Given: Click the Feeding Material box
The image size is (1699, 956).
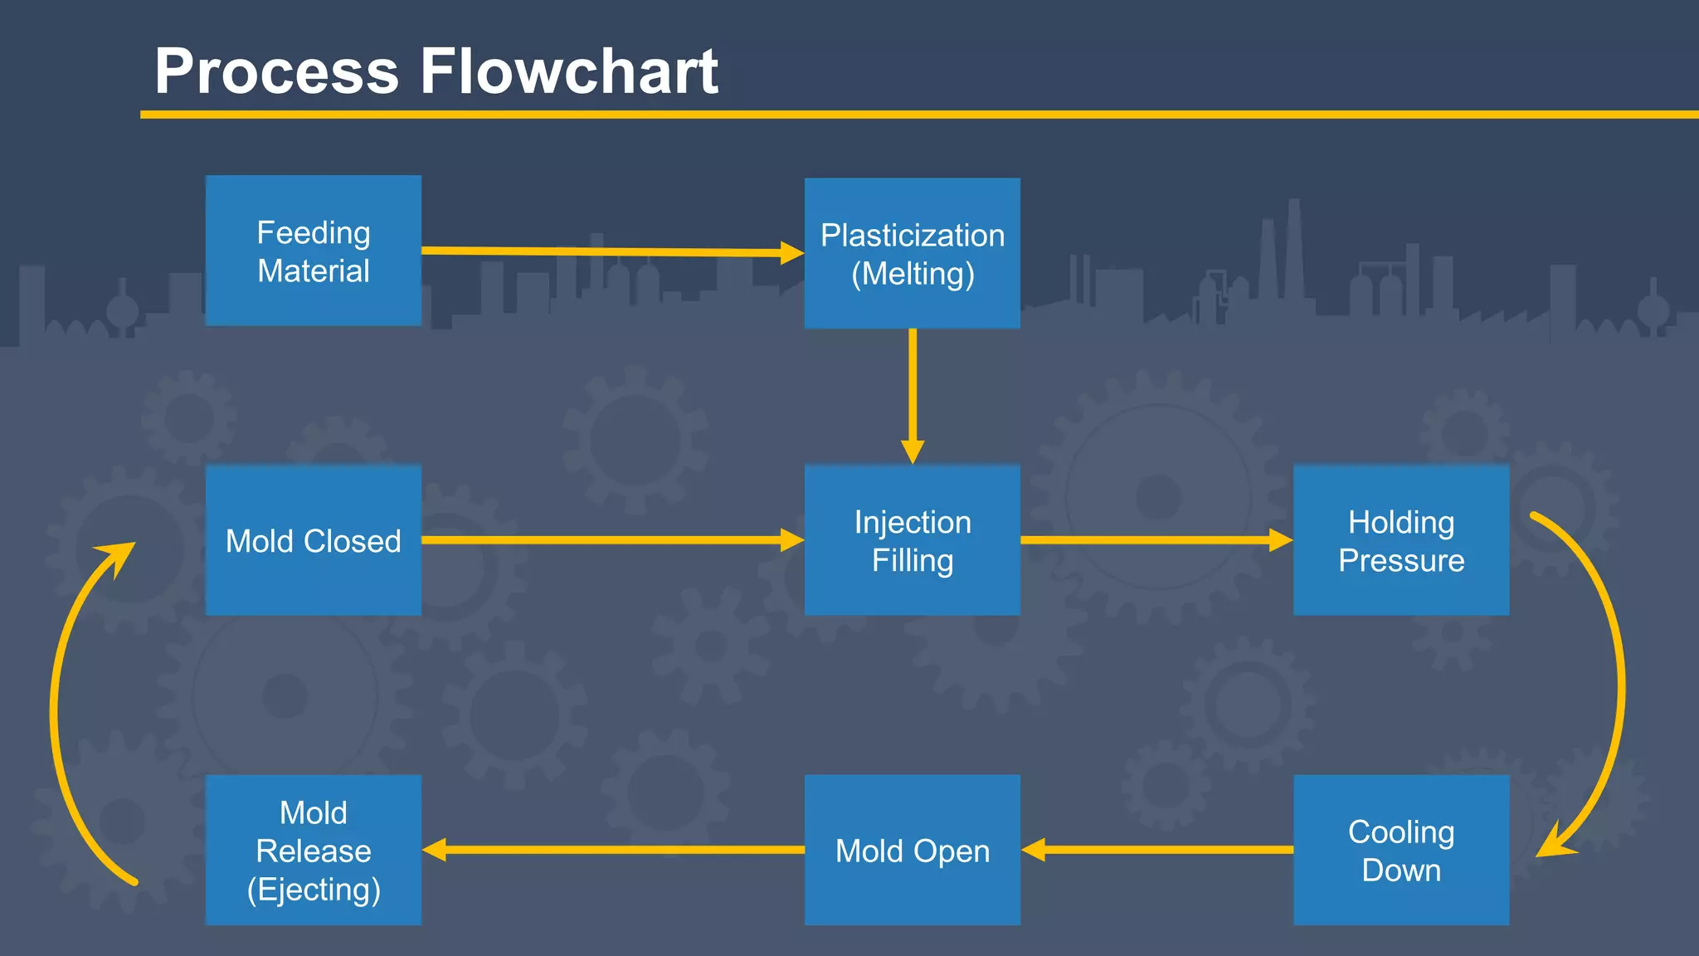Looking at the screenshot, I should pos(314,251).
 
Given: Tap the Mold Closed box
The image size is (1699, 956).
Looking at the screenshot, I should pos(314,540).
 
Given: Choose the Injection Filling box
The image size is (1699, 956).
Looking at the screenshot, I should pos(913,540).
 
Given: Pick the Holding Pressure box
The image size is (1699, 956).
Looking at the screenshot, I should pos(1401,540).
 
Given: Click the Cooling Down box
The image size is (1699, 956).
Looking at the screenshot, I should pos(1401,850).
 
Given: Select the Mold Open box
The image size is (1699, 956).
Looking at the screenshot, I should pos(913,850).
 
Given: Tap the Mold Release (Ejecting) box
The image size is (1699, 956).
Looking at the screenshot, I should pos(314,850).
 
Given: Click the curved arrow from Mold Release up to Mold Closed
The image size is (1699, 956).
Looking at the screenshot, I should pos(55,714).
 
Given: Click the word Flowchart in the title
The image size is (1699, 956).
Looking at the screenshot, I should pos(569,71).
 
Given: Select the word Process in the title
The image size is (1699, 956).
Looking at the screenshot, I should pos(276,71).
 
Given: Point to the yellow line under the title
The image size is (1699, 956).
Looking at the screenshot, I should pos(913,115).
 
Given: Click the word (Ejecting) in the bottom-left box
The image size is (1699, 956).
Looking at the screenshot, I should pos(314,890).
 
